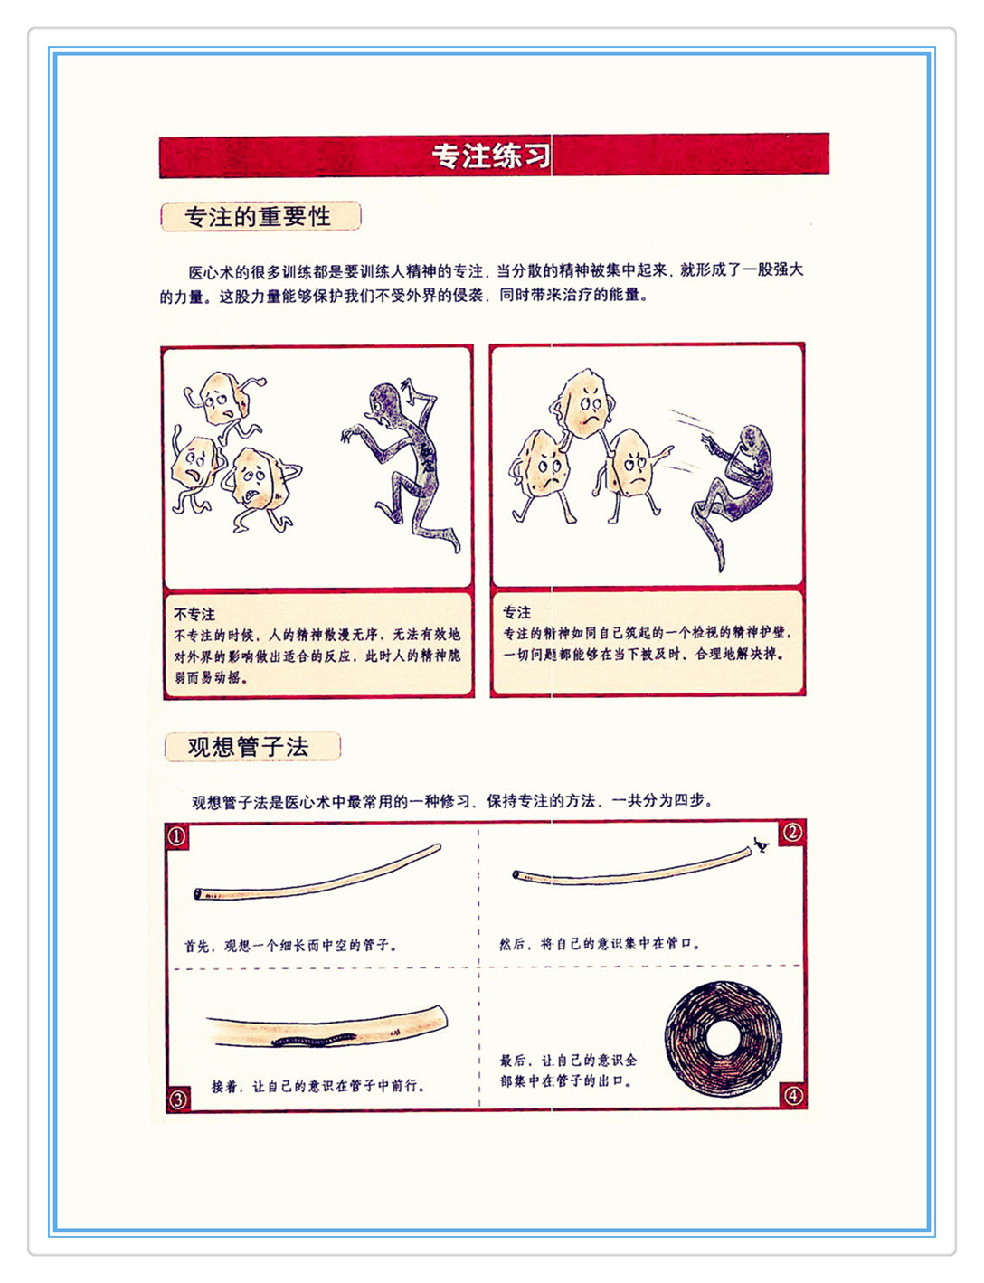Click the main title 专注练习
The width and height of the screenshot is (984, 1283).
coord(491,156)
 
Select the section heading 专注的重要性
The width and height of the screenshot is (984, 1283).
coord(258,217)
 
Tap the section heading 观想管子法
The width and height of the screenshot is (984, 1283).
coord(248,747)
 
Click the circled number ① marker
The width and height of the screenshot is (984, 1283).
coord(177,836)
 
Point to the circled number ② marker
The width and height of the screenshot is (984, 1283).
coord(792,833)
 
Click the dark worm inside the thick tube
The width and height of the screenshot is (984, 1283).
coord(314,1042)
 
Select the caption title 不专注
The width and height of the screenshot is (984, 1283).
coord(194,615)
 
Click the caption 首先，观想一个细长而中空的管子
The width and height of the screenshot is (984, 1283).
coord(290,946)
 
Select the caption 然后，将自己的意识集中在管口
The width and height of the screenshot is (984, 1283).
coord(601,944)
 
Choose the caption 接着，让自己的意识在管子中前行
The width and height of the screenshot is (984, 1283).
coord(317,1087)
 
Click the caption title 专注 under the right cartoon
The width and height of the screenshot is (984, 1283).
coord(516,612)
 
